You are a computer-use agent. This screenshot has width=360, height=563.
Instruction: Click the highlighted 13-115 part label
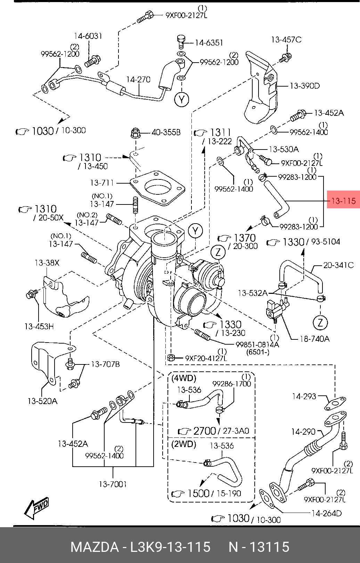click(343, 201)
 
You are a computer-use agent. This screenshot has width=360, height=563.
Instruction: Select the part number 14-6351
click(209, 43)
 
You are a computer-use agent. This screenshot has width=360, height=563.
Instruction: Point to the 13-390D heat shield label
click(304, 86)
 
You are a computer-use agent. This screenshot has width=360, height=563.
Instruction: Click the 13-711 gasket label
click(102, 182)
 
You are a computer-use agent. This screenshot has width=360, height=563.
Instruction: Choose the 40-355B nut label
click(166, 132)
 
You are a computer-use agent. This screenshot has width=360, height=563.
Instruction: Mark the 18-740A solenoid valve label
click(314, 338)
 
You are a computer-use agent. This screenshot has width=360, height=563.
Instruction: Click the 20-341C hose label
click(338, 265)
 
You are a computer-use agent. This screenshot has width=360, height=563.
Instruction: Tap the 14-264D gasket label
click(326, 513)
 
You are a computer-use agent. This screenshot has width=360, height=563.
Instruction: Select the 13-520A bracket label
click(42, 401)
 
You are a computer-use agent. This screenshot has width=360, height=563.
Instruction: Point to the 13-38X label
click(47, 263)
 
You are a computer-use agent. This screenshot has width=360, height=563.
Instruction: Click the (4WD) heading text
click(184, 378)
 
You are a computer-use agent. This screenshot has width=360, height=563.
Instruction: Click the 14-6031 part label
click(88, 36)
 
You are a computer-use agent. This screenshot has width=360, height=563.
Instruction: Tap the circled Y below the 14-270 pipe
click(181, 100)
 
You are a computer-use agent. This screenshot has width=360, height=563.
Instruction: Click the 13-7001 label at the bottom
click(113, 484)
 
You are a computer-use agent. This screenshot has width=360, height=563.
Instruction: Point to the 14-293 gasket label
click(304, 396)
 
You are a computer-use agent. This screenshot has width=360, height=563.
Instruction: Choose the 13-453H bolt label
click(39, 326)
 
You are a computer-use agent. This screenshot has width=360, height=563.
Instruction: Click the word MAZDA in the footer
click(95, 547)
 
